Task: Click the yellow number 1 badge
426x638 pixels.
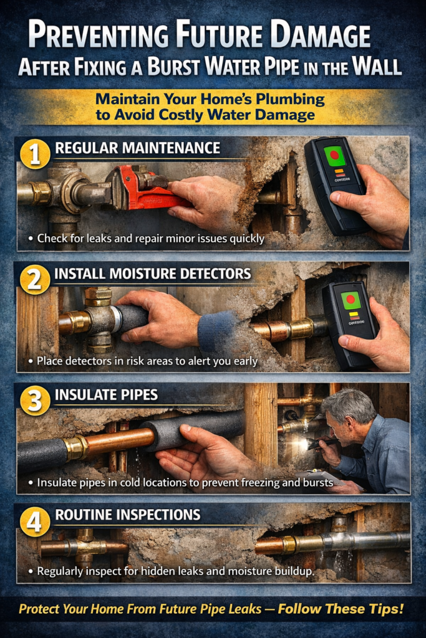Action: click(x=35, y=154)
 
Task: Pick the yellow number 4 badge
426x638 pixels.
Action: click(x=35, y=521)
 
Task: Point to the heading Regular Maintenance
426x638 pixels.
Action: click(x=137, y=148)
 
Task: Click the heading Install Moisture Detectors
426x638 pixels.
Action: click(x=152, y=274)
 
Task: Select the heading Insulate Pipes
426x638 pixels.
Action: click(x=106, y=395)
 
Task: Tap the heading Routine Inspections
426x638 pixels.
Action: click(x=127, y=515)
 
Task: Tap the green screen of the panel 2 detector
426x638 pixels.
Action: click(x=351, y=301)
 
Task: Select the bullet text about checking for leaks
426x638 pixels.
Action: click(x=150, y=238)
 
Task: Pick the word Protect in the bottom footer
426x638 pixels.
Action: click(x=41, y=609)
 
